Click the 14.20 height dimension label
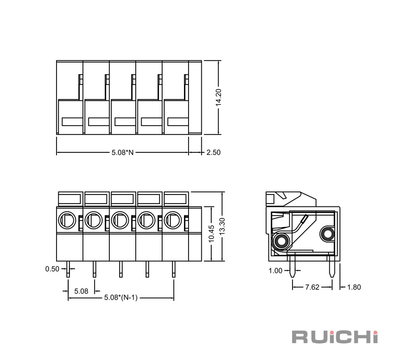[x=218, y=97]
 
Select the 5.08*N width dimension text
[x=123, y=152]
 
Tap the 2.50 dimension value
[x=213, y=152]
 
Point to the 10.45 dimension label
[x=211, y=234]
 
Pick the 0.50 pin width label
[x=52, y=269]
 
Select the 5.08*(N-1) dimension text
[x=121, y=298]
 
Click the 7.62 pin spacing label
[x=312, y=287]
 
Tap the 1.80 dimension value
[x=354, y=287]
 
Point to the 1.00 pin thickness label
[x=276, y=271]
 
